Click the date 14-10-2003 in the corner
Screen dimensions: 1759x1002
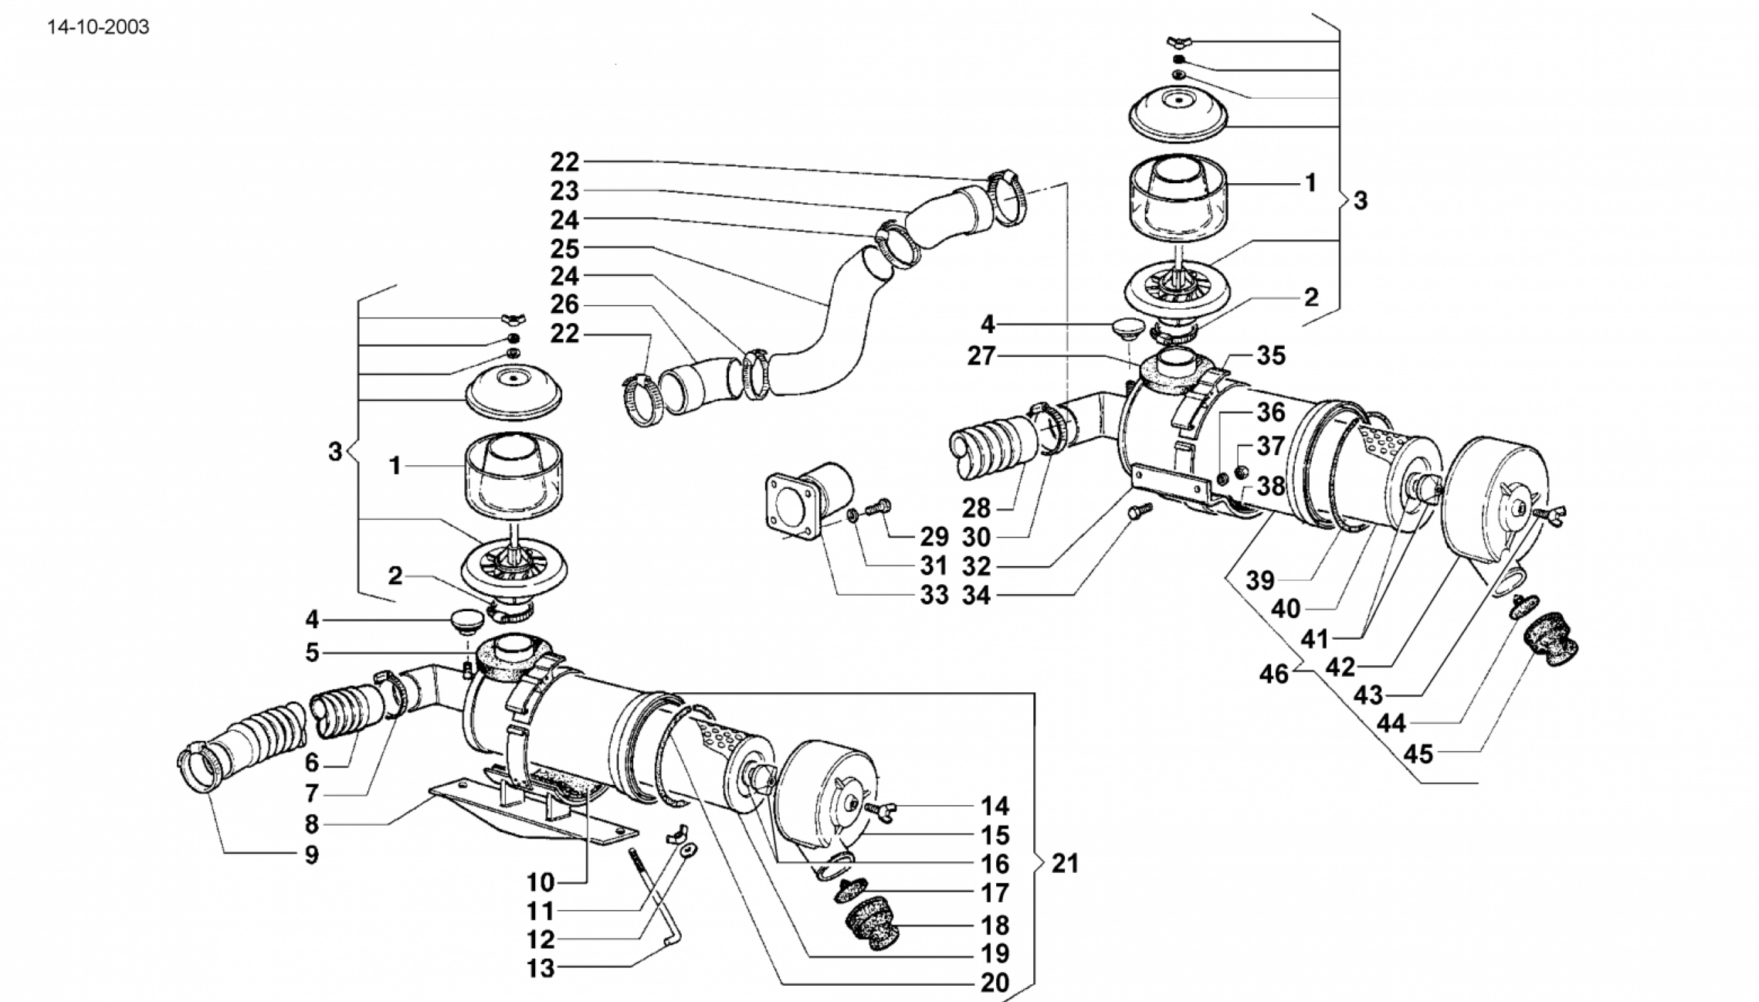tap(98, 28)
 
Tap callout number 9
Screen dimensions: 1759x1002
tap(311, 855)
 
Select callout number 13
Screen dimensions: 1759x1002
tap(541, 969)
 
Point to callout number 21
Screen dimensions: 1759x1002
tap(1065, 863)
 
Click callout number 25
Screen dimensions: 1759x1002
tap(564, 249)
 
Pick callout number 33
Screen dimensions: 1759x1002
tap(934, 596)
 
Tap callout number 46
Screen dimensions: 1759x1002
tap(1274, 674)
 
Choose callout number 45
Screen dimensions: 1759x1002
tap(1418, 754)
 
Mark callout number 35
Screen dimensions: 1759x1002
tap(1271, 355)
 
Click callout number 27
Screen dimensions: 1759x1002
tap(981, 356)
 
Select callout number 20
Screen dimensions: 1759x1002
tap(995, 983)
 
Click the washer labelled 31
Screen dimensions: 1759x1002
tap(852, 515)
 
